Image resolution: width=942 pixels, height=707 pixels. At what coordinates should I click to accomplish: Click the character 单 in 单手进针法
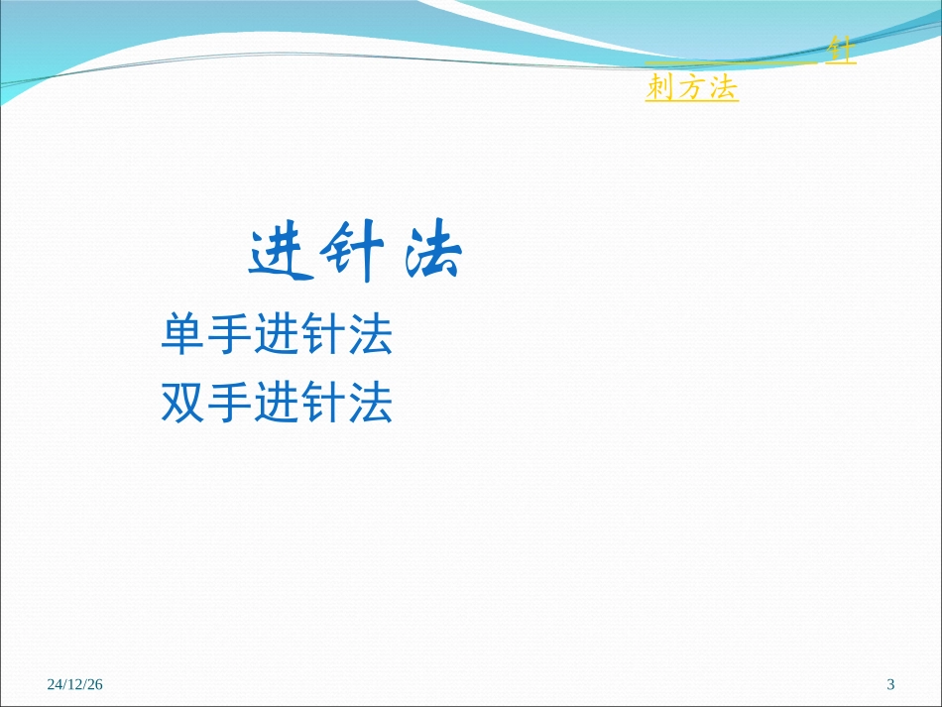coord(183,336)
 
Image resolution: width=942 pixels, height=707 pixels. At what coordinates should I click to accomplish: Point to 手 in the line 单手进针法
coord(230,336)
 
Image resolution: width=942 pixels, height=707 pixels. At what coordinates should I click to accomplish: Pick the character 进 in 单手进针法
coord(277,336)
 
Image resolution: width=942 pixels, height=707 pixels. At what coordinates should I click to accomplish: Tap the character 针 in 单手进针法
coord(323,336)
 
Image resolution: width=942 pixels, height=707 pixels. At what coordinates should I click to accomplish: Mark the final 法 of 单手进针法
coord(371,336)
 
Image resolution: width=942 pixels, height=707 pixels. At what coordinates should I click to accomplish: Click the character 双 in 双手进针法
coord(183,403)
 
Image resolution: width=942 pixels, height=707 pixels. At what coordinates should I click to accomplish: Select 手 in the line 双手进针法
coord(230,403)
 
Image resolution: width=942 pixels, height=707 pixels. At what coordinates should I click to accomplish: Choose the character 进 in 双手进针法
coord(277,403)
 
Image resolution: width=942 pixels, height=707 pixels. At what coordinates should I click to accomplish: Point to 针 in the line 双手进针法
coord(323,403)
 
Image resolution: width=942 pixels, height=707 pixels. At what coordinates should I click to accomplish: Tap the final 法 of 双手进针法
coord(371,403)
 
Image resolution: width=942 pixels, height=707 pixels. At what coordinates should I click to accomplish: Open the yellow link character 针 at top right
coord(842,53)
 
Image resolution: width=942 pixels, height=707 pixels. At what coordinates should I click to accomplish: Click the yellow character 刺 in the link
coord(660,88)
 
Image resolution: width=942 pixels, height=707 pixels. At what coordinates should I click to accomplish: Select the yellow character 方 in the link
coord(692,88)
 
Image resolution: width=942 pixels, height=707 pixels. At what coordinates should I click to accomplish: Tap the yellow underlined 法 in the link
coord(723,88)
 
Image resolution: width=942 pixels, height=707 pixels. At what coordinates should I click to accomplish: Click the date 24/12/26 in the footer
coord(75,684)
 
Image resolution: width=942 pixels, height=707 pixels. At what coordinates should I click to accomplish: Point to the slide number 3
coord(890,684)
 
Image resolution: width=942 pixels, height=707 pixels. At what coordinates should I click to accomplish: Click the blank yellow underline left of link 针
coord(734,61)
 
